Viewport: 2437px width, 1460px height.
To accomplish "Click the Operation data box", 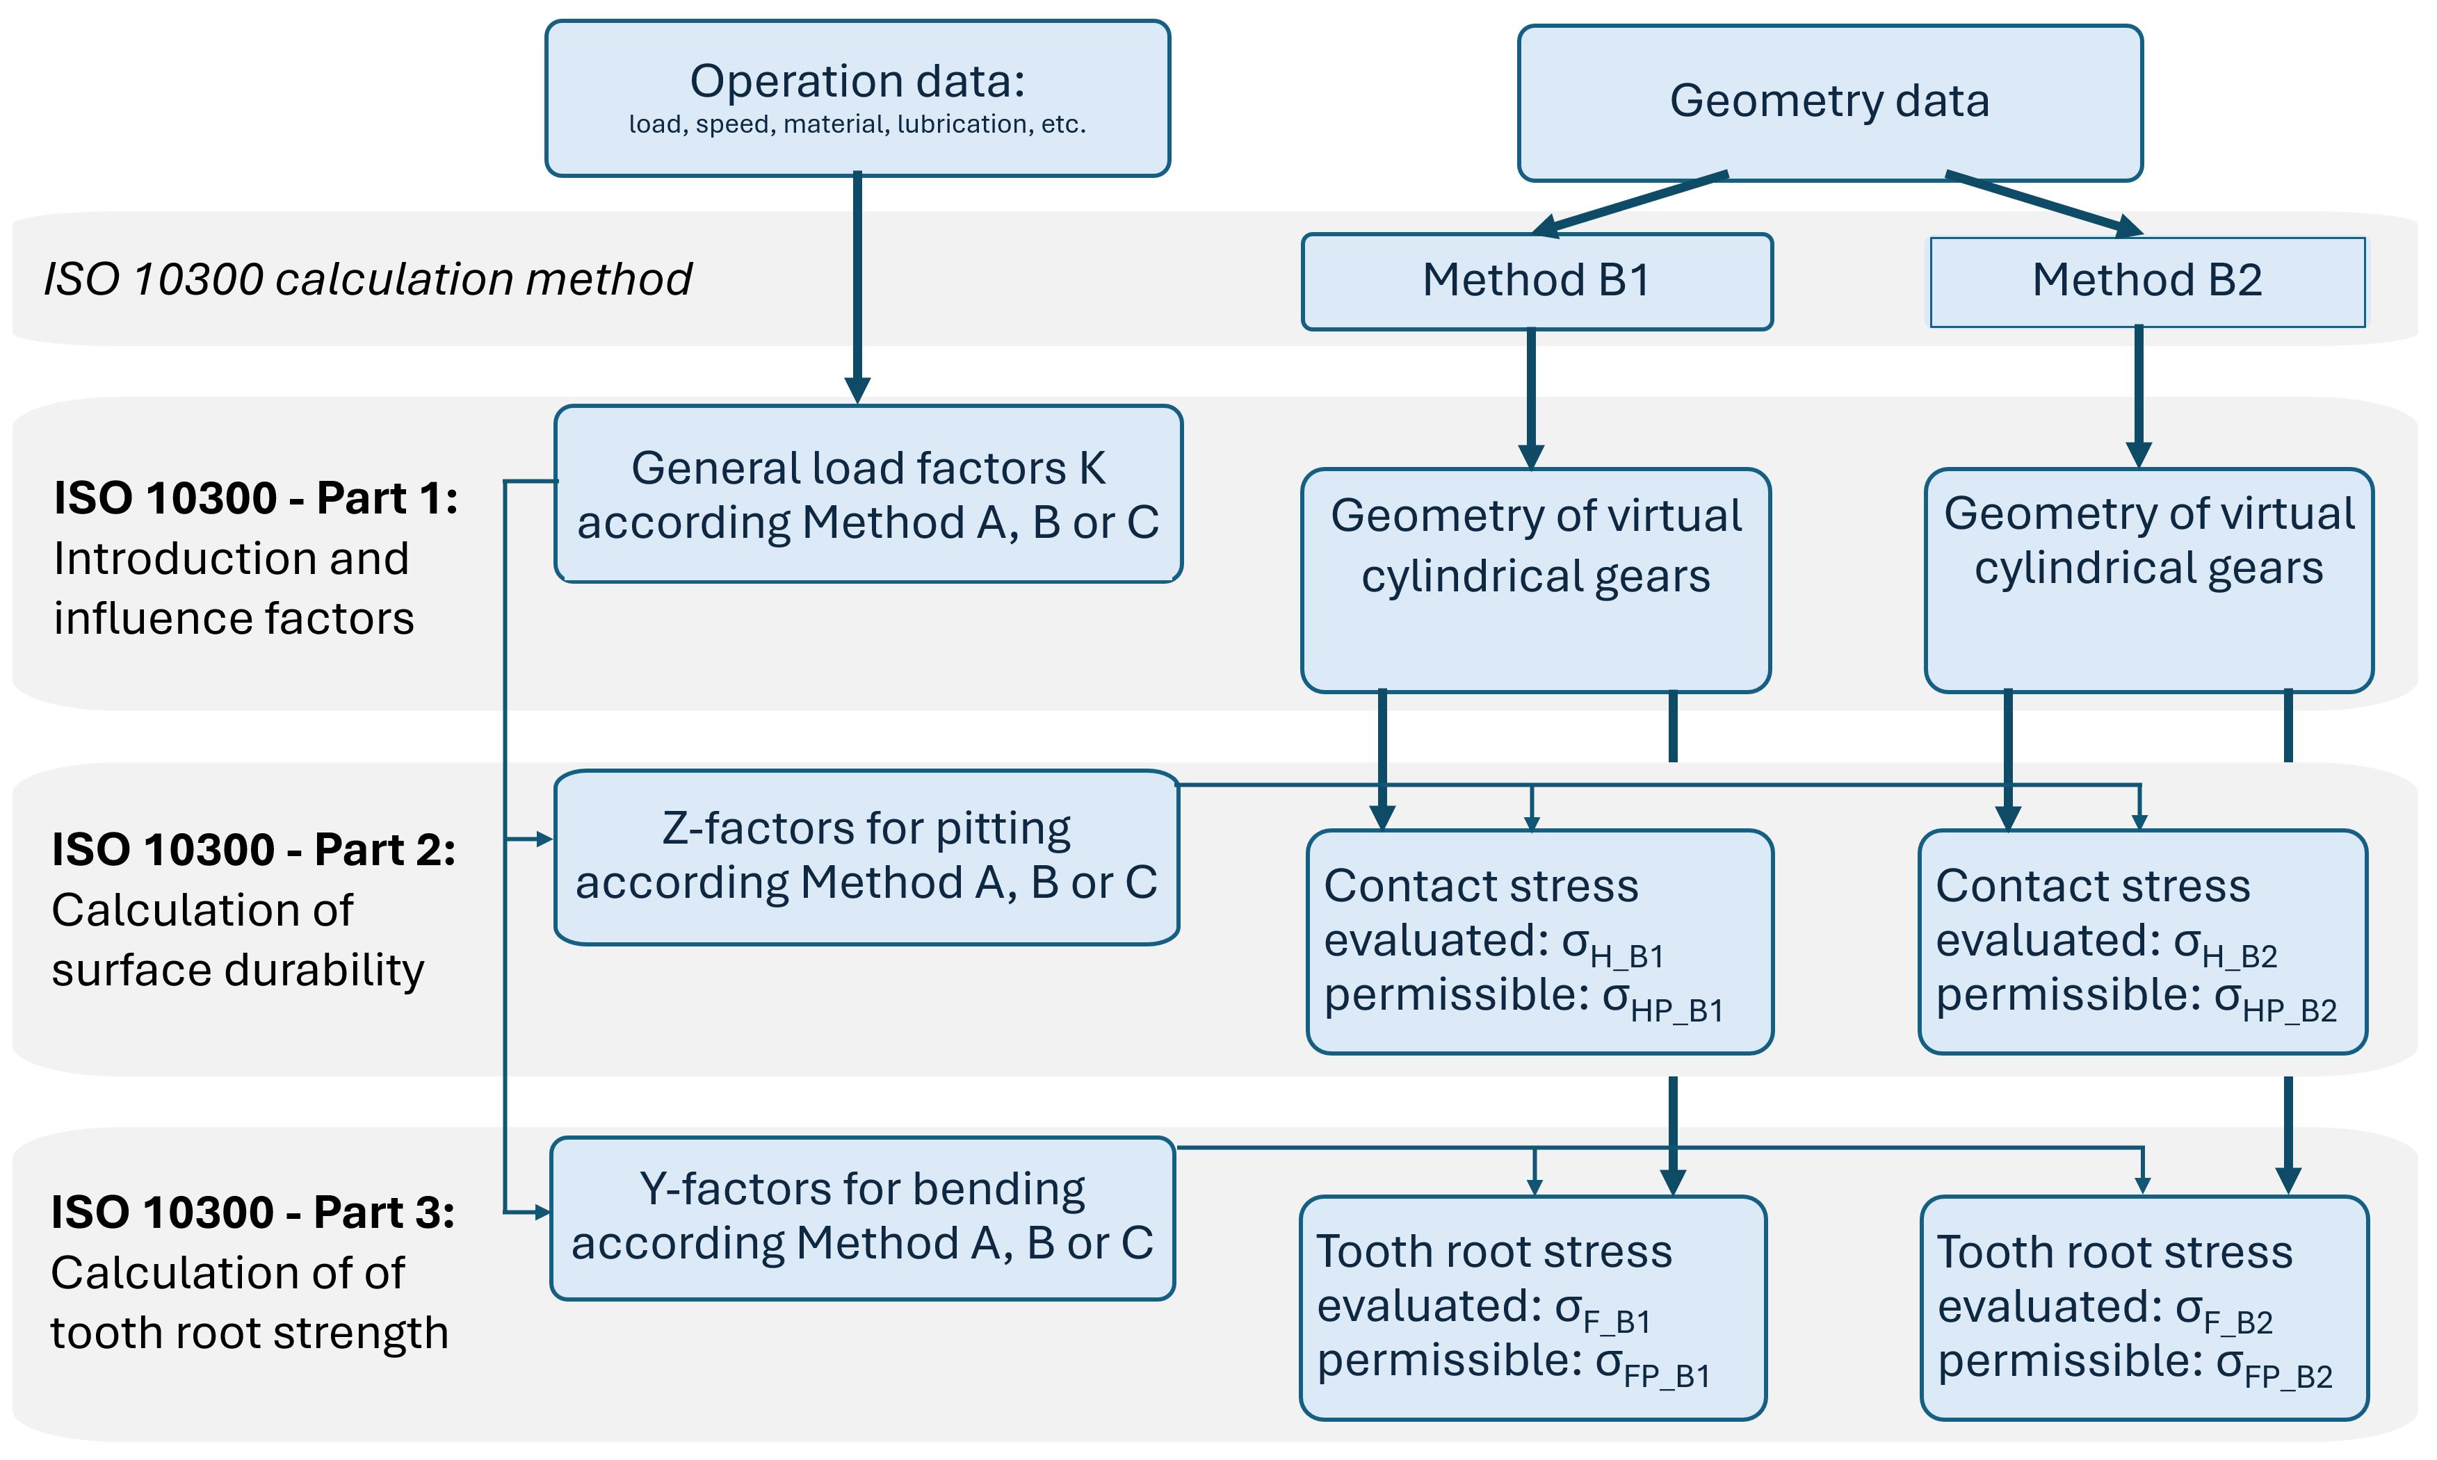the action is click(x=857, y=99).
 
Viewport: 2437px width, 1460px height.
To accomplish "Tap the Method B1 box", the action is click(x=1537, y=281).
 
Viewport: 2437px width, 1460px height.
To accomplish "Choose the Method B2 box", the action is click(x=2148, y=281).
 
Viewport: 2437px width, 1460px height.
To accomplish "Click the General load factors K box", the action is click(x=868, y=494).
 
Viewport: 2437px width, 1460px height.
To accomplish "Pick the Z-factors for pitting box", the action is click(x=866, y=857).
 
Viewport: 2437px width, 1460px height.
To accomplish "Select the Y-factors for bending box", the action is click(x=862, y=1218).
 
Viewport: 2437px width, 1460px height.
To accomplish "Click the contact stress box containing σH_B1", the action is click(x=1539, y=942).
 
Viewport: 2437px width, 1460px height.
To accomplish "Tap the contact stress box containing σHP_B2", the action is click(x=2143, y=942).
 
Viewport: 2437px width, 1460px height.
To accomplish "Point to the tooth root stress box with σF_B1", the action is click(x=1532, y=1308).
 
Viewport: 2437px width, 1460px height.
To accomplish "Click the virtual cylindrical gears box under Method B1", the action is click(x=1535, y=580).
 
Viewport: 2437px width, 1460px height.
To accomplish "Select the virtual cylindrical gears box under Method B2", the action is click(x=2148, y=580).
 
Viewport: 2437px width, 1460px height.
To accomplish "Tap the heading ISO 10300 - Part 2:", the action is click(x=254, y=850).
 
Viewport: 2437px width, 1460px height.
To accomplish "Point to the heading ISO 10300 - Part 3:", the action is click(x=253, y=1212).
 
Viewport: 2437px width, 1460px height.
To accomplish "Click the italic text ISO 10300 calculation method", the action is click(x=368, y=279).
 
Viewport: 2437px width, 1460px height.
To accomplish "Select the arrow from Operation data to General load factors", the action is click(x=857, y=288).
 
